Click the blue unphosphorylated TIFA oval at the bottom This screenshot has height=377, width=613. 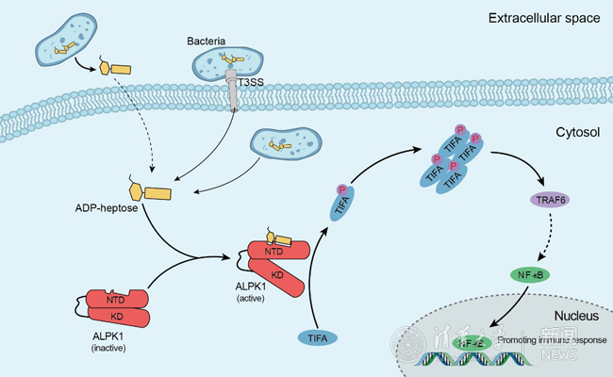pos(321,336)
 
